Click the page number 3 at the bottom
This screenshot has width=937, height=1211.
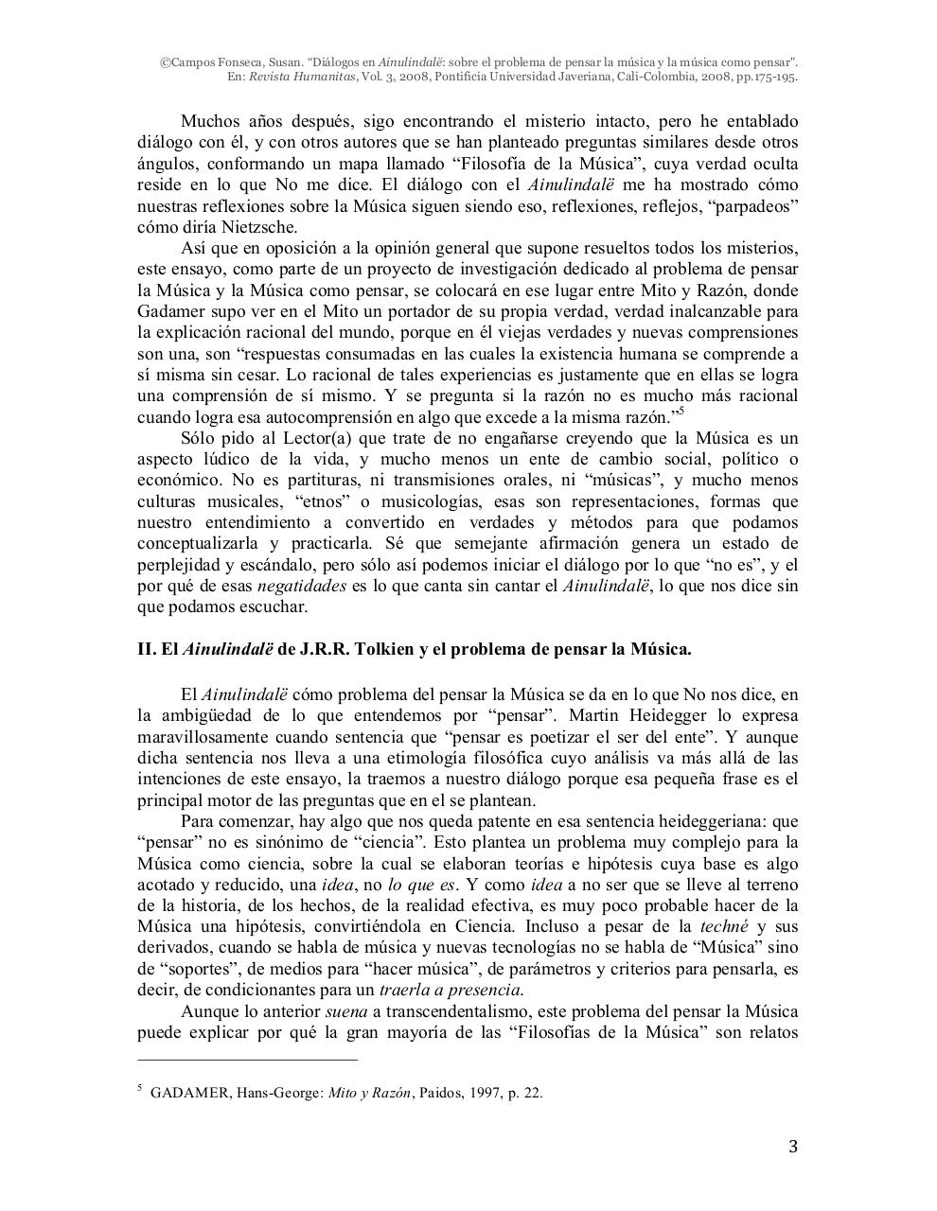click(793, 1148)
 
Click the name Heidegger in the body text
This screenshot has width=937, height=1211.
click(696, 715)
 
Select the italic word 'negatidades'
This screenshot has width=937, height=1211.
click(302, 586)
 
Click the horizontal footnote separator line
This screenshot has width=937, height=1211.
click(248, 1062)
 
